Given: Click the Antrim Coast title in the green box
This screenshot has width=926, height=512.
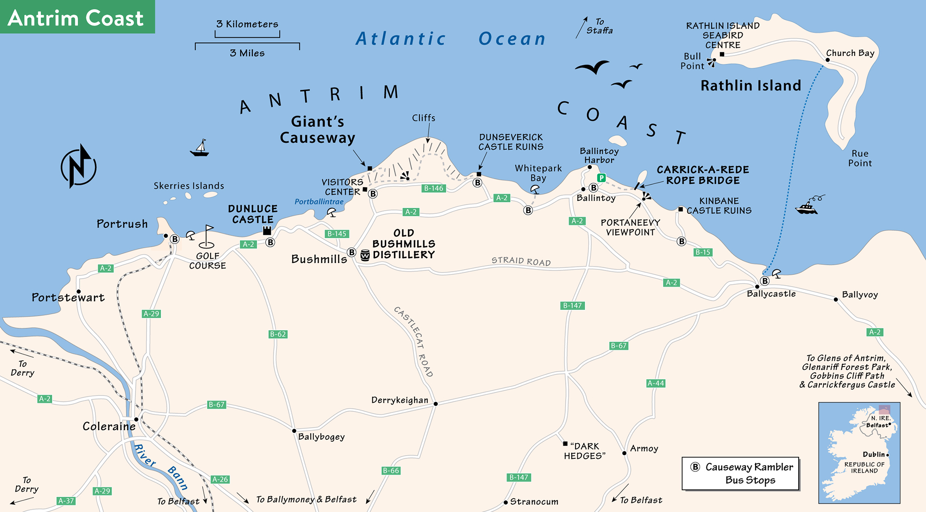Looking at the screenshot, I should tap(76, 19).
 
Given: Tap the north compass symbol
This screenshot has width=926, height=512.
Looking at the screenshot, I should tap(79, 167).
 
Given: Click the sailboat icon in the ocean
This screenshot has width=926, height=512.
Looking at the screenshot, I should tap(200, 148).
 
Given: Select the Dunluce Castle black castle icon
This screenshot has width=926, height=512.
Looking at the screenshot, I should tap(267, 230).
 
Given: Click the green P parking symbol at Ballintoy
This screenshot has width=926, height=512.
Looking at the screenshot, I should tap(601, 178).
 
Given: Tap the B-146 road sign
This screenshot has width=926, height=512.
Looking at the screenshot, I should tap(434, 188).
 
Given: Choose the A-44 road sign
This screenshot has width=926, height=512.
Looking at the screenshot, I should tap(656, 383).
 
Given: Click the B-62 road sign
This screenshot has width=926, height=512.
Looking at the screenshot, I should tap(278, 334).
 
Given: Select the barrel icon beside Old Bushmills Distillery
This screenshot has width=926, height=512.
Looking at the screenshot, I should tap(365, 255).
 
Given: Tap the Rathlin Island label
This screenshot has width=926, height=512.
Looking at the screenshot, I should tap(751, 86).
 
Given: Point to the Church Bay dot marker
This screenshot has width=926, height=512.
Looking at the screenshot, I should tap(827, 60).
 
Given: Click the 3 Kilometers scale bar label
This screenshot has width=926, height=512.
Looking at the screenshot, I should tap(247, 24).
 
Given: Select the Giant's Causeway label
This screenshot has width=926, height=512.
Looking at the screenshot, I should tap(318, 130).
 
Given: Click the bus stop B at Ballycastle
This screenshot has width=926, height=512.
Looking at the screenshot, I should tap(765, 281).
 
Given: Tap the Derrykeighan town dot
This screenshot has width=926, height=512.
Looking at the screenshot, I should tap(436, 404).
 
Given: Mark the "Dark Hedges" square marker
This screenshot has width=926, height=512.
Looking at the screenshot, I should tap(565, 443).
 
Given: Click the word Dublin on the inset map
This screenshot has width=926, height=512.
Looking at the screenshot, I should tap(874, 455).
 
